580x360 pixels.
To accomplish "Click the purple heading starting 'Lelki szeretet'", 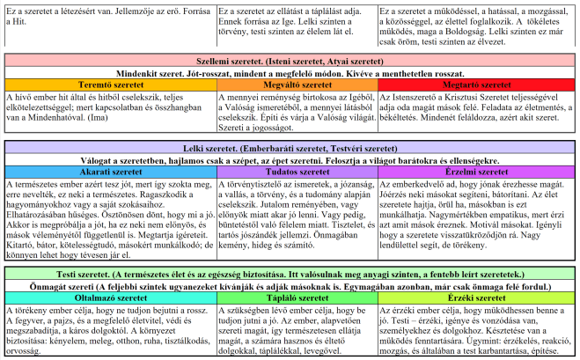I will [290, 150].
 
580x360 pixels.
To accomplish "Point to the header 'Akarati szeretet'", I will [96, 173].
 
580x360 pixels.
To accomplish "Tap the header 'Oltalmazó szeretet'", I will [96, 298].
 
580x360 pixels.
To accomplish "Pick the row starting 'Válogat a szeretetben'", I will [290, 161].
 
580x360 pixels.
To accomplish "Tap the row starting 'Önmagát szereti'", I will [290, 287].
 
